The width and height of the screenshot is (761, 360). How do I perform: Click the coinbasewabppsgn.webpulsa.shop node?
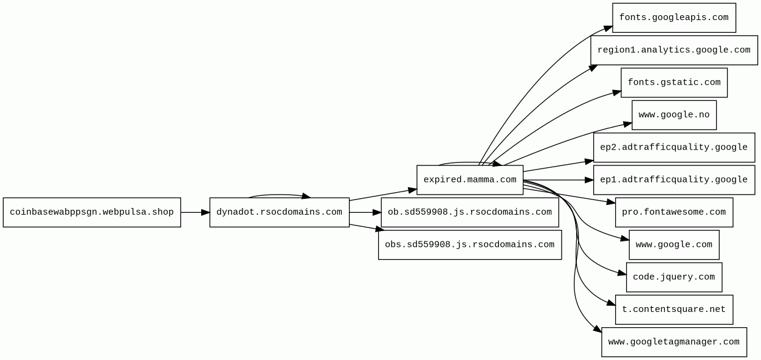coord(92,212)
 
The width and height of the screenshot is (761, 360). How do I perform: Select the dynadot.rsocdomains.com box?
coord(279,212)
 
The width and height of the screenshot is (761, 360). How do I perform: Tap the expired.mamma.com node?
coord(470,180)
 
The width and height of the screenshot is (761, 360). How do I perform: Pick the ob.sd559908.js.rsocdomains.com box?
coord(470,212)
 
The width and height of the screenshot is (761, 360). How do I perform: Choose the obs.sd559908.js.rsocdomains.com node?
coord(470,244)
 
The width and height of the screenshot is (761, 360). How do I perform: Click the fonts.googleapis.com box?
coord(673,18)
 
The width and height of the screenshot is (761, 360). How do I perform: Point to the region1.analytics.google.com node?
coord(673,50)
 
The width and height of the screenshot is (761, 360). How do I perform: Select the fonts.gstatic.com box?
coord(673,83)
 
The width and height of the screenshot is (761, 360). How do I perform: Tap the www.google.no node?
coord(673,115)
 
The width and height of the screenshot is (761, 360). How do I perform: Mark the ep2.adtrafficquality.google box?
coord(673,147)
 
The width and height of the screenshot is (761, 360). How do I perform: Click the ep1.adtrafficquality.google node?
coord(673,180)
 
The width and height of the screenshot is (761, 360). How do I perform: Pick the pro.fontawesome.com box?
coord(673,212)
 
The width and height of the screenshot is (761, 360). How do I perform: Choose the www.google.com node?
coord(673,244)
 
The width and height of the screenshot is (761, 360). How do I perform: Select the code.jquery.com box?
coord(673,277)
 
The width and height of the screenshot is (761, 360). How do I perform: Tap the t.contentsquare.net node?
coord(673,310)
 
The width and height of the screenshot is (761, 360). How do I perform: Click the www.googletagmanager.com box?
coord(673,342)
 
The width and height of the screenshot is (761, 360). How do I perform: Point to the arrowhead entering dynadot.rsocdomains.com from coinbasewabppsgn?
coord(205,212)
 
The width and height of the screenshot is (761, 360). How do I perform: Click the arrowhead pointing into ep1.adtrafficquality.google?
coord(589,180)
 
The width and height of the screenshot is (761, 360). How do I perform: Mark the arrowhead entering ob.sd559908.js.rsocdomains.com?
coord(377,212)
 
